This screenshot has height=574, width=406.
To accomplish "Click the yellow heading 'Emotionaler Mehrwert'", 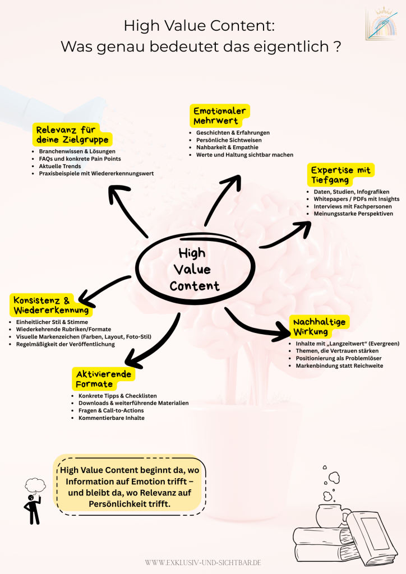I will pos(219,115).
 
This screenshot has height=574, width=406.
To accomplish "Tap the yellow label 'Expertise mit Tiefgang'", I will pos(340,175).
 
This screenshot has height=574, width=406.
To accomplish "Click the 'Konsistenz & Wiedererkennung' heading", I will pos(50,304).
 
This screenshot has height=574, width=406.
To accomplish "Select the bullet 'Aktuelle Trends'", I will pos(60,166).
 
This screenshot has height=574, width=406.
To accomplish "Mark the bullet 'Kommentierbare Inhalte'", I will pos(112,418).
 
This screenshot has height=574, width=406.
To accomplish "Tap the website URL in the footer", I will pos(202,561).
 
